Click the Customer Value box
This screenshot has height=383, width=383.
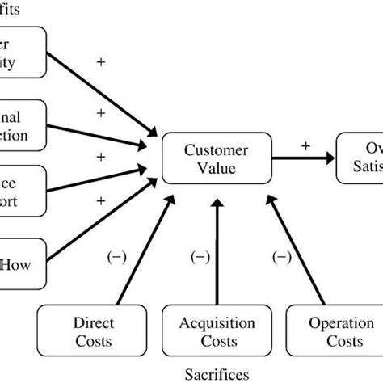[x=217, y=159]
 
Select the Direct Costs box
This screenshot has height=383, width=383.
[x=87, y=332]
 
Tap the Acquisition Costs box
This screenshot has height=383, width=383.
[x=217, y=332]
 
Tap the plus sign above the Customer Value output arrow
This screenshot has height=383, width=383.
[x=305, y=145]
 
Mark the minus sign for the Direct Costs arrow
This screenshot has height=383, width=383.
[x=116, y=257]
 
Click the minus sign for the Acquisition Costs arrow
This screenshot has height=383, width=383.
[x=199, y=257]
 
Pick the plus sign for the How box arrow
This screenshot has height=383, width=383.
[x=101, y=200]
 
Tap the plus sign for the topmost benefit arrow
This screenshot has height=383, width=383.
[x=101, y=61]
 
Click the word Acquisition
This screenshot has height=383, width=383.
[x=217, y=323]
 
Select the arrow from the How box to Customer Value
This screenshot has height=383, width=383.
[x=105, y=213]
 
